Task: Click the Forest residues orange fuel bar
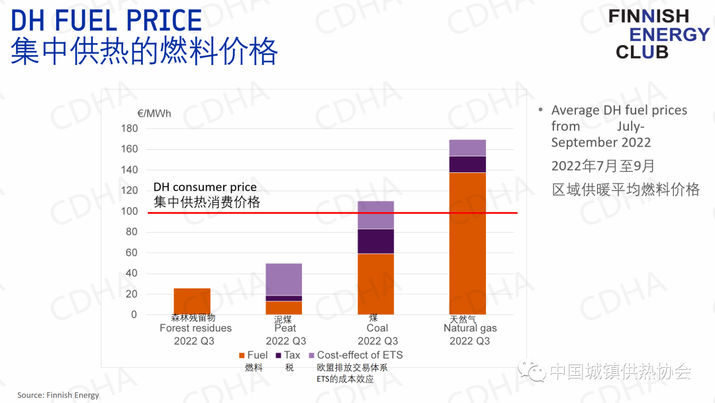pos(191,301)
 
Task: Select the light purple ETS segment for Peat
pos(283,279)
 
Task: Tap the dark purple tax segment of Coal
pos(375,241)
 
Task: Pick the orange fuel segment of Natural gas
pos(467,243)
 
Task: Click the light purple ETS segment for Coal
pos(375,215)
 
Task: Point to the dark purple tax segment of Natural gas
pos(467,164)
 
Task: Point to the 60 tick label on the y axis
pos(131,253)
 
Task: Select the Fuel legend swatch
pos(240,356)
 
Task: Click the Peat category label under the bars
pos(285,328)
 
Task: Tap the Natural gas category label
pos(470,328)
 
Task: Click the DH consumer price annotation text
pos(205,188)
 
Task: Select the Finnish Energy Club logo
pos(658,34)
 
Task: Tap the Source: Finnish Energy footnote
pos(58,395)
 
